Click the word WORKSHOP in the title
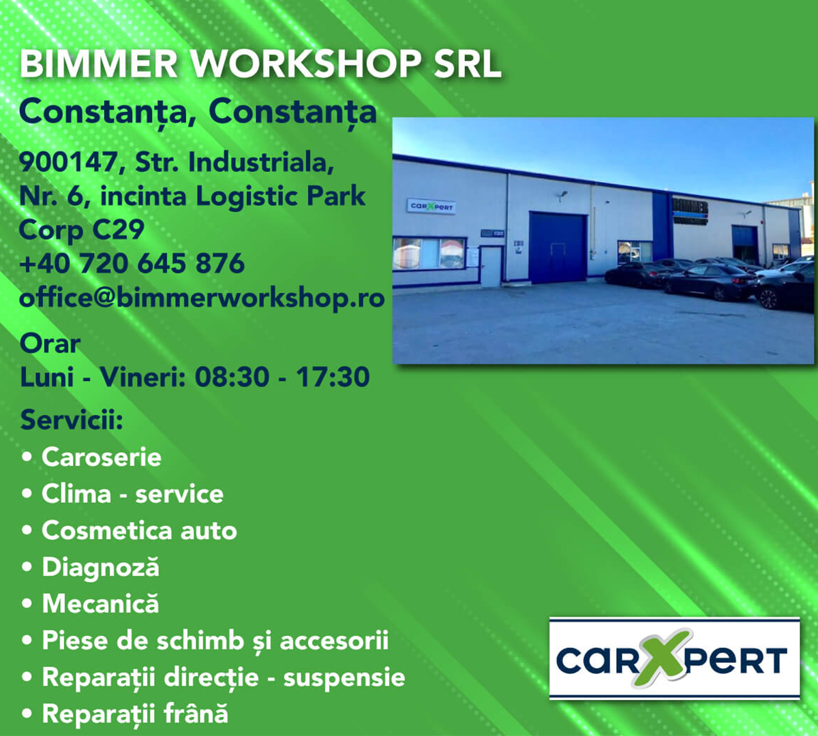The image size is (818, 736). pyautogui.click(x=306, y=63)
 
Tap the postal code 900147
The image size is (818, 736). pyautogui.click(x=68, y=162)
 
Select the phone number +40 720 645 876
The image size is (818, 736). pyautogui.click(x=132, y=263)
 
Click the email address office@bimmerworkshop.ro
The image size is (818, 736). pyautogui.click(x=202, y=298)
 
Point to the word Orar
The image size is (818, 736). pyautogui.click(x=50, y=343)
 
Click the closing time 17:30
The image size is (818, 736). pyautogui.click(x=333, y=377)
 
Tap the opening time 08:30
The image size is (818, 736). pyautogui.click(x=232, y=377)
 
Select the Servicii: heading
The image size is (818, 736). pyautogui.click(x=72, y=419)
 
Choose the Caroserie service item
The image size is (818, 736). pyautogui.click(x=102, y=457)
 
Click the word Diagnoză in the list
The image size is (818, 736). pyautogui.click(x=101, y=567)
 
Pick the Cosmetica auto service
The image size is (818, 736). pyautogui.click(x=140, y=530)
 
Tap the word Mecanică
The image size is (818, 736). pyautogui.click(x=101, y=603)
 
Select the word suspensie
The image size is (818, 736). pyautogui.click(x=344, y=677)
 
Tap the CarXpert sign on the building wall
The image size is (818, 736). pyautogui.click(x=431, y=206)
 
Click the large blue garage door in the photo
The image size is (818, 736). pyautogui.click(x=558, y=248)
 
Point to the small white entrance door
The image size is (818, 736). pyautogui.click(x=491, y=267)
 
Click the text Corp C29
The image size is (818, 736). pyautogui.click(x=82, y=230)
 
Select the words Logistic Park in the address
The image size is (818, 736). pyautogui.click(x=281, y=196)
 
